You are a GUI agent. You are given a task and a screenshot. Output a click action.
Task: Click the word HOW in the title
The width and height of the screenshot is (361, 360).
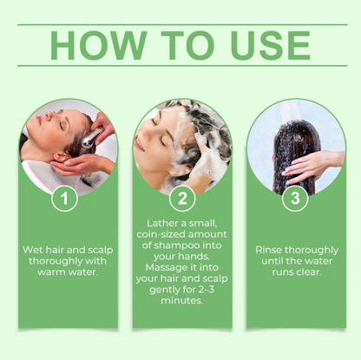point(98,45)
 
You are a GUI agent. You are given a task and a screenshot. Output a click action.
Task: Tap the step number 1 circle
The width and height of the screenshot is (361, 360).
point(64,199)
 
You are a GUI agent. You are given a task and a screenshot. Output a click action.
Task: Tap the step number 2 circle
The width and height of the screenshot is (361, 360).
point(182,199)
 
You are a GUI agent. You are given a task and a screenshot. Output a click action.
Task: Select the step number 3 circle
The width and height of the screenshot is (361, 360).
point(295,199)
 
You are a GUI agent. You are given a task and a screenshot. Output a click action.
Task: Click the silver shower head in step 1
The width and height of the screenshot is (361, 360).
point(91,138)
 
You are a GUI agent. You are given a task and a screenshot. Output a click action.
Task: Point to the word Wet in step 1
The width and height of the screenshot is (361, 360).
point(33,250)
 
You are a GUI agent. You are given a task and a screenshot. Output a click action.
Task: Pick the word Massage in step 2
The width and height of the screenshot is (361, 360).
point(166,268)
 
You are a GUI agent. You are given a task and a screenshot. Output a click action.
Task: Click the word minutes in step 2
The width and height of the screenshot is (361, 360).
point(181,300)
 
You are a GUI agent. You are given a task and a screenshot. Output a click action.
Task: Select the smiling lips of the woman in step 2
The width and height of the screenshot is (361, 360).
point(140,144)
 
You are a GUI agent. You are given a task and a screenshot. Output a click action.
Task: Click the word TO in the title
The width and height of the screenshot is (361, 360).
point(188,45)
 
